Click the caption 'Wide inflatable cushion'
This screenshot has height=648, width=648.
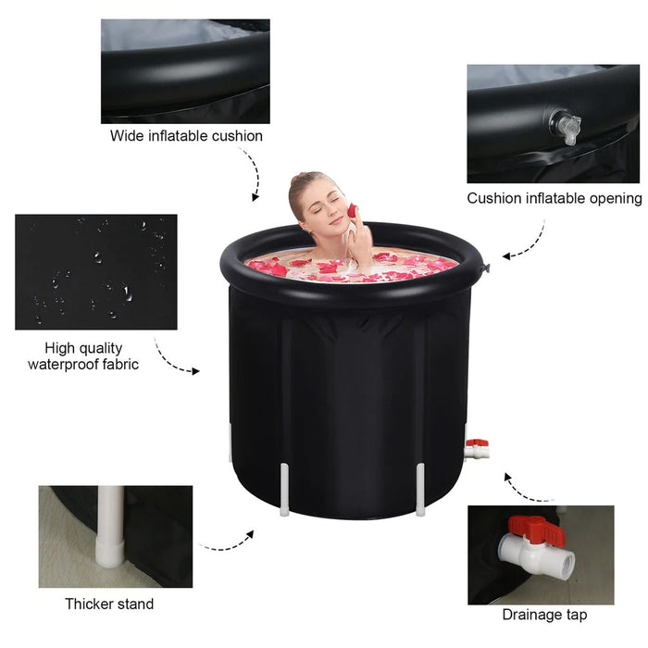pyautogui.click(x=186, y=136)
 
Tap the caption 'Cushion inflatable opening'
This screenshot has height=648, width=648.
pyautogui.click(x=555, y=198)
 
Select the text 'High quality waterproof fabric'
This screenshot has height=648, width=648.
pyautogui.click(x=83, y=356)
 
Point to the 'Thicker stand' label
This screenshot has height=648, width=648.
pyautogui.click(x=109, y=604)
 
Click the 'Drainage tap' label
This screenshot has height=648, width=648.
pyautogui.click(x=544, y=615)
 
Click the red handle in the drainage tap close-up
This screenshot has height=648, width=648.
pyautogui.click(x=536, y=530)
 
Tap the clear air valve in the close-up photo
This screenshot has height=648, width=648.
pyautogui.click(x=566, y=126)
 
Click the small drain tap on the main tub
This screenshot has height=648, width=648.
pyautogui.click(x=477, y=449)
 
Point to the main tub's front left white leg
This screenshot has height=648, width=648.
pyautogui.click(x=284, y=490)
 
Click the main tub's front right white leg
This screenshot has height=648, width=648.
pyautogui.click(x=420, y=490)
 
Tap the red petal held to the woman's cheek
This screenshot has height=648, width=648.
pyautogui.click(x=352, y=210)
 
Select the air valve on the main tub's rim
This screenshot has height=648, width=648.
pyautogui.click(x=485, y=268)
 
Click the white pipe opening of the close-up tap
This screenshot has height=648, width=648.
pyautogui.click(x=567, y=562)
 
